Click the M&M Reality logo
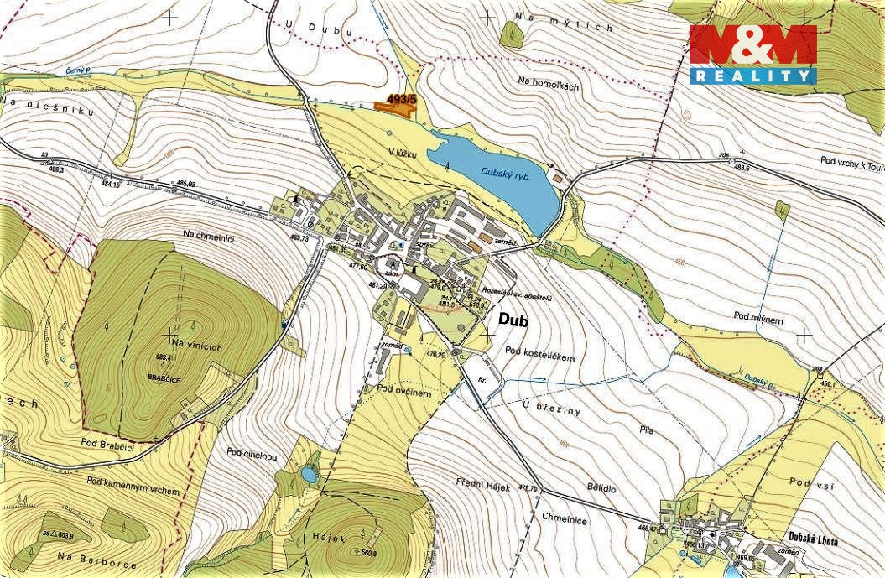pyautogui.click(x=752, y=54)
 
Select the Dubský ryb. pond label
pyautogui.click(x=508, y=174)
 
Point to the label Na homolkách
pyautogui.click(x=549, y=81)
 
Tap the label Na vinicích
pyautogui.click(x=195, y=345)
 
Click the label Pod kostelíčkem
pyautogui.click(x=540, y=357)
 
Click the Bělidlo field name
pyautogui.click(x=601, y=486)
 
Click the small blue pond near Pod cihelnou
pyautogui.click(x=309, y=475)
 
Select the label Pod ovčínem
pyautogui.click(x=403, y=391)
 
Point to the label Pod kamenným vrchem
pyautogui.click(x=133, y=485)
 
